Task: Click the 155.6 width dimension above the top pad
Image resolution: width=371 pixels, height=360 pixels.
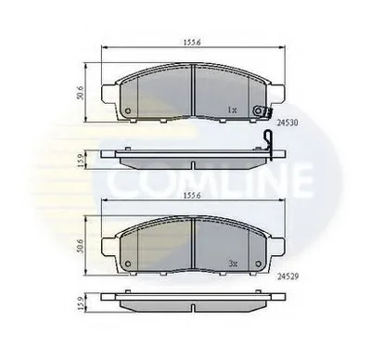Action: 192,42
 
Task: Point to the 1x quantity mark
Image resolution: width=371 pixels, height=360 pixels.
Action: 233,110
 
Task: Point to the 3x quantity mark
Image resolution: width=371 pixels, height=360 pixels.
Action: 233,263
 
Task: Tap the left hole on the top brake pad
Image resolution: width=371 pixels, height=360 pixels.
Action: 127,113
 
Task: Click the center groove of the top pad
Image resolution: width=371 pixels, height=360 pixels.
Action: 191,93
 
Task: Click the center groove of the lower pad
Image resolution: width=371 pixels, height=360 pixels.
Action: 191,246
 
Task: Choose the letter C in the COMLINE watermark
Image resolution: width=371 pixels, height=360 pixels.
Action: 119,176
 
